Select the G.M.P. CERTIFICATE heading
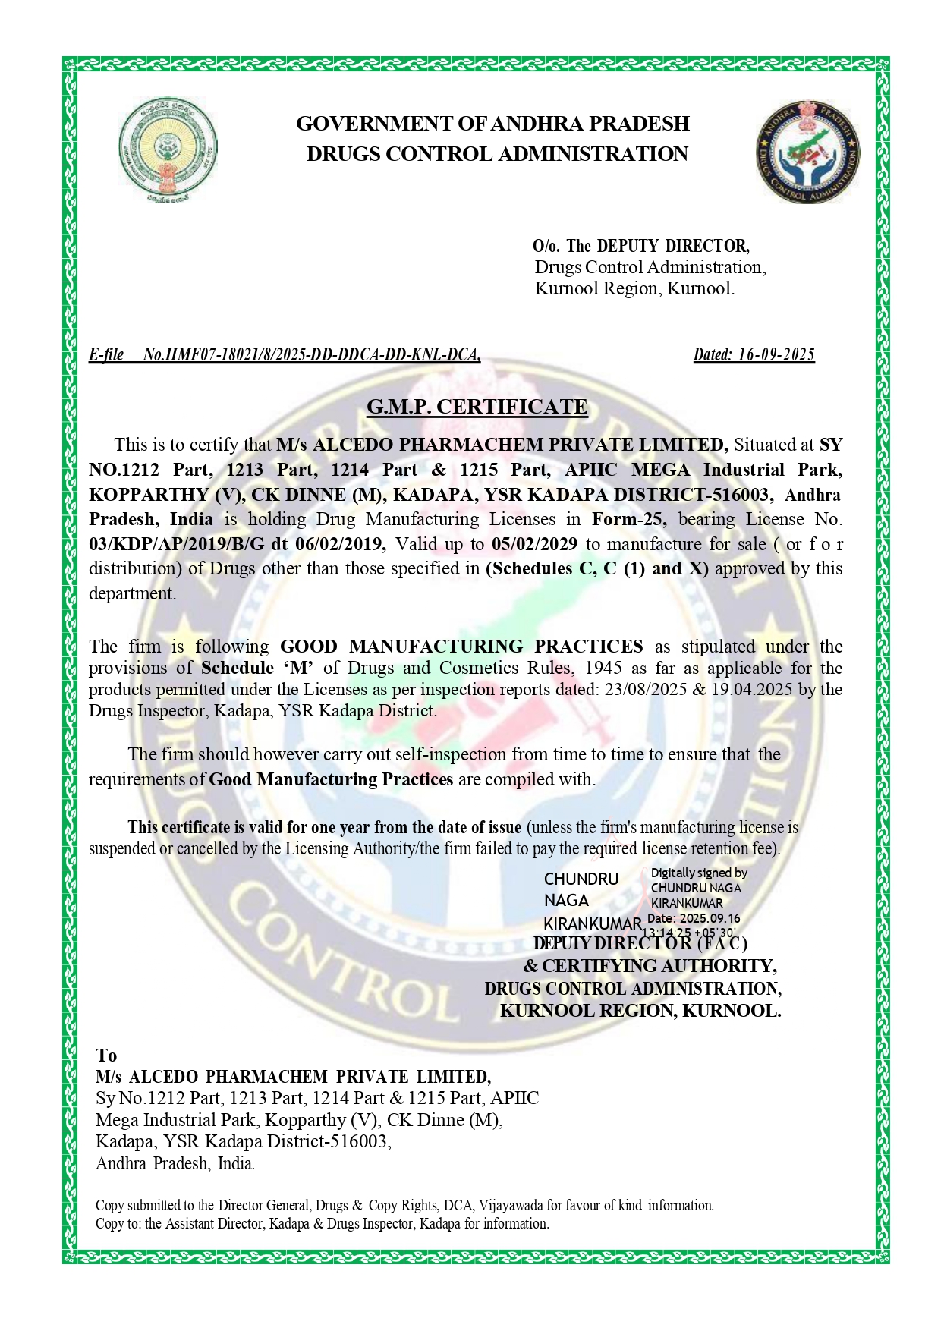[477, 407]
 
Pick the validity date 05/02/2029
[534, 544]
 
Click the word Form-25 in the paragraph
[629, 520]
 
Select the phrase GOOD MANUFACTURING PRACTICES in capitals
[461, 647]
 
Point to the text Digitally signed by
[699, 873]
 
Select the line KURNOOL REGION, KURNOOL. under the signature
[640, 1011]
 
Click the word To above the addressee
[106, 1056]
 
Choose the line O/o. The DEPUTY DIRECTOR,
[641, 246]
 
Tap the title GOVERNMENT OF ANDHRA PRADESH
[492, 123]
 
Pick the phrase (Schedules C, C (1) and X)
[596, 568]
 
